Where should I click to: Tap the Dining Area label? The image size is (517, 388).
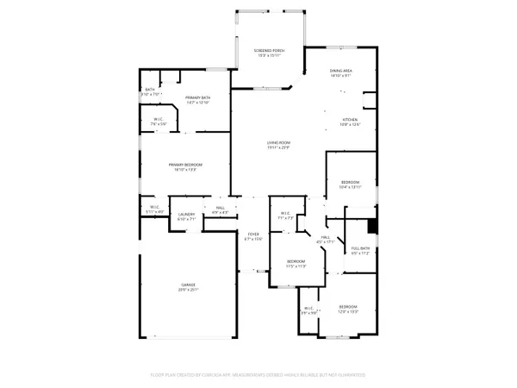pos(342,73)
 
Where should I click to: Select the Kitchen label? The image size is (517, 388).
pos(350,122)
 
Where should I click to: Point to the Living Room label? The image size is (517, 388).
pos(277,145)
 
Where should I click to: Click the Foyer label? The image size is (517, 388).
pos(253,236)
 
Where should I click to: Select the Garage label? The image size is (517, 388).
pos(188,287)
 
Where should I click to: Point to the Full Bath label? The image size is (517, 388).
pos(360,251)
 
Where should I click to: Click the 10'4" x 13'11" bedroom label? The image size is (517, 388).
pos(351,185)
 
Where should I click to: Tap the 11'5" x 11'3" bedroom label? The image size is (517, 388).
pos(296,263)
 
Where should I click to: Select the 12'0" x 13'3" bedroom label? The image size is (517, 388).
pos(348,309)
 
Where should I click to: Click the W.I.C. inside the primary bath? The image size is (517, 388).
pos(159,122)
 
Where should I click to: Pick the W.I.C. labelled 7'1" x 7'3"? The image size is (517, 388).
pos(285,216)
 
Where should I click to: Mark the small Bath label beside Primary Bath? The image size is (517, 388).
pos(150,91)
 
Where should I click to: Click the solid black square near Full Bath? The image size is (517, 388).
pos(372,226)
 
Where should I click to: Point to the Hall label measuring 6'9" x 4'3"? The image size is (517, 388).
pos(220,210)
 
